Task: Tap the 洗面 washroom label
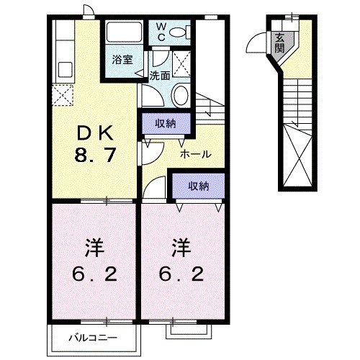(x=160, y=74)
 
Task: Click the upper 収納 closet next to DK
(x=166, y=125)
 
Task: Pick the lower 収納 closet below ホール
(x=198, y=185)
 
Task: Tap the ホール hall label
(x=195, y=153)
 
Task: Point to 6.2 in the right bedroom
(x=181, y=274)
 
